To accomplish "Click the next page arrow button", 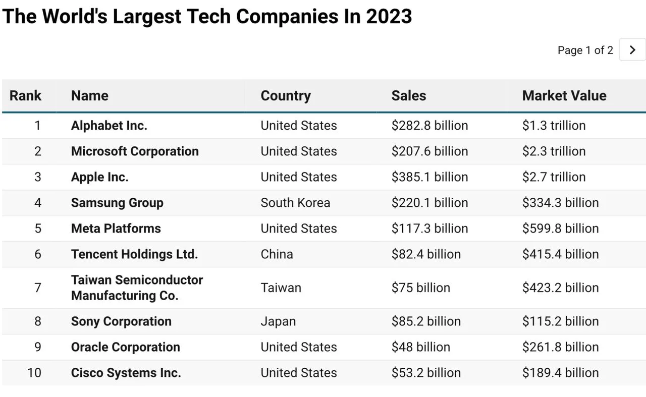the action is [x=632, y=49].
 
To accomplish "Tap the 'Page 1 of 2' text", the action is [x=585, y=50].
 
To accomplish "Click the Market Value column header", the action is [x=564, y=95].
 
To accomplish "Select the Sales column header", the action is [x=409, y=95].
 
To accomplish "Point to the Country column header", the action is [x=286, y=96].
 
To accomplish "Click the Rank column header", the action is [x=25, y=95].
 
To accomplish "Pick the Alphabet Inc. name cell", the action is [x=109, y=126].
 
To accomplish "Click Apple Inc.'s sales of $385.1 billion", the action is [x=429, y=177].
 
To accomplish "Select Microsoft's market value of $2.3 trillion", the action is [x=554, y=151].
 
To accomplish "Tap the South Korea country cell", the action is [x=295, y=203].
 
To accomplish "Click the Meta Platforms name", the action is [x=116, y=229].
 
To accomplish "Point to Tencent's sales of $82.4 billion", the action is [x=426, y=254].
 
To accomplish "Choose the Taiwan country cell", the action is [x=281, y=288].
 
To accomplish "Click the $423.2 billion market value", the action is [x=560, y=288].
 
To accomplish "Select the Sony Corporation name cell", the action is [x=121, y=321].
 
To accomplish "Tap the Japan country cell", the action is [x=278, y=321].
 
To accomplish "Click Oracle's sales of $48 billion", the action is [x=421, y=347].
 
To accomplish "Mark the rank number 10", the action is [x=34, y=372].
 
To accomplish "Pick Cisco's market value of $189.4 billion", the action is [x=560, y=372].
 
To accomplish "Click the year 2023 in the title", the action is [x=389, y=16].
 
